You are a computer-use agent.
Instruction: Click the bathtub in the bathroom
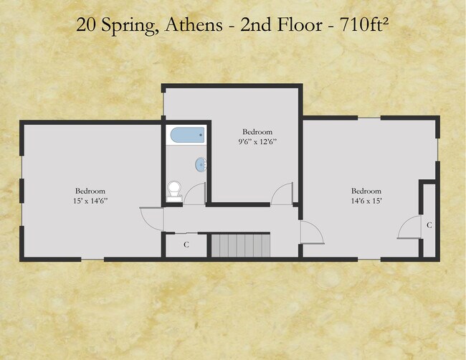click(188, 135)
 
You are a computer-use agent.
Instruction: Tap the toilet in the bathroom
click(174, 191)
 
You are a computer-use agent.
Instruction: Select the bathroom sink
click(201, 164)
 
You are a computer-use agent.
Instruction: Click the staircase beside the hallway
click(241, 245)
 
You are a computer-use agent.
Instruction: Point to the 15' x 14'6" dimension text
click(90, 201)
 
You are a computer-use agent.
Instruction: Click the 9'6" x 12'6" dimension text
click(257, 142)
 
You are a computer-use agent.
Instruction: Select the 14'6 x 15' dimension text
click(366, 201)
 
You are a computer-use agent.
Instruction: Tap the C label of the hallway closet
click(186, 245)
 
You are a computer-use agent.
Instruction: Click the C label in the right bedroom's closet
click(429, 225)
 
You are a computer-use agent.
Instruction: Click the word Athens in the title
click(194, 24)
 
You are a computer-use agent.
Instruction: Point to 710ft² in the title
click(364, 24)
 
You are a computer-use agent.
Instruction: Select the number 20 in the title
click(86, 25)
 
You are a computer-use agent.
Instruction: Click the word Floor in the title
click(300, 24)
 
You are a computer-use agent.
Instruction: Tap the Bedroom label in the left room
click(90, 191)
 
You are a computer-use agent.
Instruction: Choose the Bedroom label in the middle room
click(257, 132)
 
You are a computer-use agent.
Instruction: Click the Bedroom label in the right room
click(366, 191)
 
